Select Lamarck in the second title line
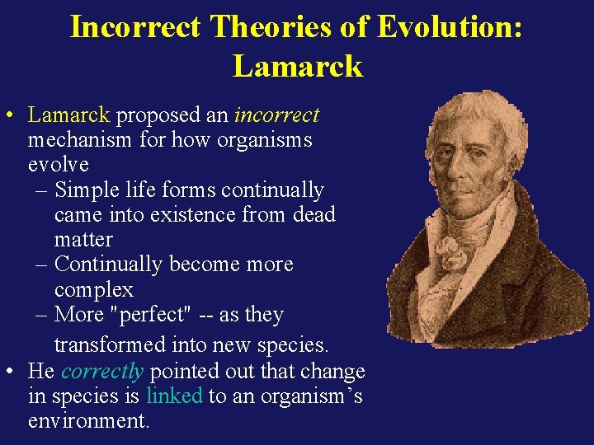297,65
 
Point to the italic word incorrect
276,115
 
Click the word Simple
87,190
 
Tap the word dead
313,215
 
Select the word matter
82,240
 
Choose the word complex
93,290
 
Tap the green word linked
174,396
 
